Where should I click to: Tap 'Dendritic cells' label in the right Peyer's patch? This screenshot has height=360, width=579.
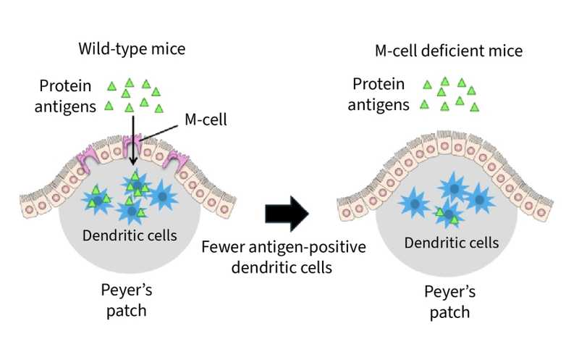452,243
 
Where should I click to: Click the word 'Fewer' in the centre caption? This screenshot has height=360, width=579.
222,247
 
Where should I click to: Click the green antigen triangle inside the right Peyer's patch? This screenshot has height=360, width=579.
440,212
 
